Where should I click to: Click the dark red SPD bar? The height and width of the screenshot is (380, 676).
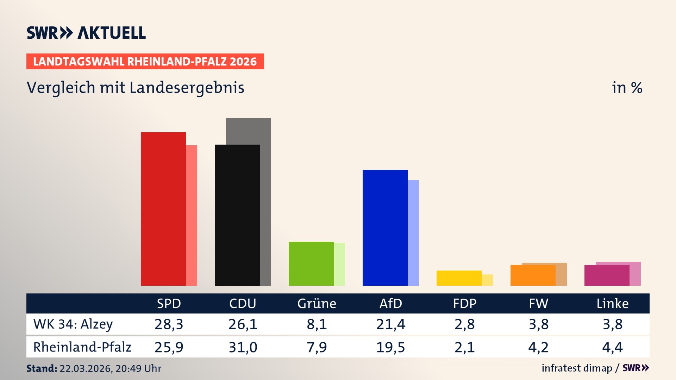coord(163,209)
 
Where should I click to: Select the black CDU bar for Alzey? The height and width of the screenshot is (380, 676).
coord(237,215)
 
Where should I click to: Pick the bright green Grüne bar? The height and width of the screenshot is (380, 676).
coord(311,264)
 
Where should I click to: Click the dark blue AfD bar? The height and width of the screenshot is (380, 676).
coord(385,228)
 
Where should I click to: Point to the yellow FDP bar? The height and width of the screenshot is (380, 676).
coord(459,278)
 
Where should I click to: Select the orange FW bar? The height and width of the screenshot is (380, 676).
coord(533,275)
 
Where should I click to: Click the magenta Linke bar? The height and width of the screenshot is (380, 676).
coord(607,275)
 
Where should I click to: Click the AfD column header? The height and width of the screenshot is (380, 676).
coord(390,303)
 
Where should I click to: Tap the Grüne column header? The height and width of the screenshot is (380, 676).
coord(317,303)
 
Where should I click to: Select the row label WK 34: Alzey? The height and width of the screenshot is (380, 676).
coord(73,324)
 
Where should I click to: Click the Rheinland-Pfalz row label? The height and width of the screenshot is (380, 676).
coord(82,347)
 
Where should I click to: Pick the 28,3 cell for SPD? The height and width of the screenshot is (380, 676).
coord(169,324)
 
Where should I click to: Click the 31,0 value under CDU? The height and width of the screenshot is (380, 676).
coord(243,347)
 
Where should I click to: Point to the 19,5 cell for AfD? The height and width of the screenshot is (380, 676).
coord(390,347)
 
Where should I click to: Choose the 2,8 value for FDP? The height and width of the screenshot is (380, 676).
coord(464,324)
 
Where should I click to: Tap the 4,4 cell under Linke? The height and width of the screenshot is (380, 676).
coord(612,347)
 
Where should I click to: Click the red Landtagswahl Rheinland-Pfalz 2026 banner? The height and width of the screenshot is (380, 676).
coord(145,62)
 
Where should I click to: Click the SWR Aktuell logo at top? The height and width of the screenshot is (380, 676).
coord(86,33)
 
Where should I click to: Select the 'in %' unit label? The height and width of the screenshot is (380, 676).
coord(627,88)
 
